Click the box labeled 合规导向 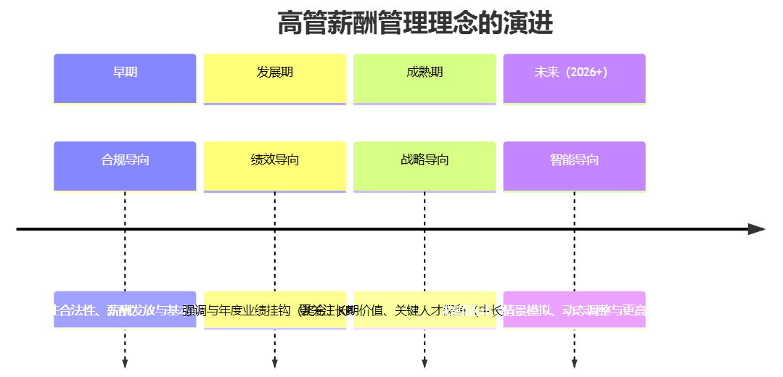click(125, 166)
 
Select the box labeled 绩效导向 click(274, 166)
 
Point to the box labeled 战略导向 click(425, 166)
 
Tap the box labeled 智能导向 click(574, 166)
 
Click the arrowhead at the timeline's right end click(757, 229)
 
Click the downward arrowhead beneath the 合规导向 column click(125, 363)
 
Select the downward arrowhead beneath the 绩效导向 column click(274, 363)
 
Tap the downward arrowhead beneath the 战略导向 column click(425, 363)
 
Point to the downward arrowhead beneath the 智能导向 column click(574, 363)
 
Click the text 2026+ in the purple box click(588, 72)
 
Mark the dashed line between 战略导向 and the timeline click(425, 210)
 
